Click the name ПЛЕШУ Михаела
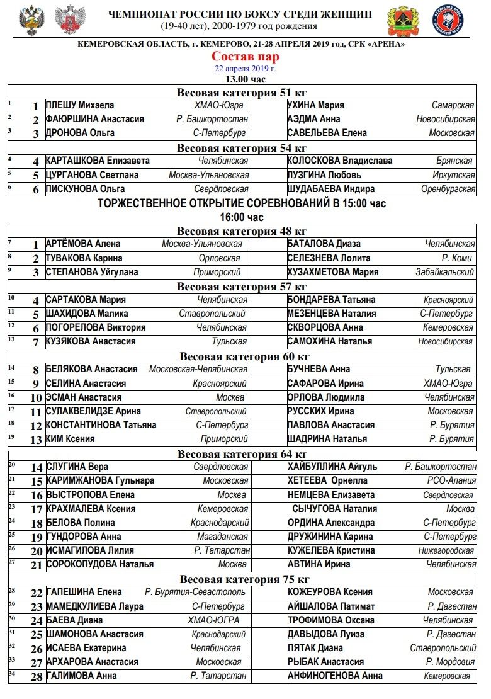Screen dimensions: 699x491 coord(79,105)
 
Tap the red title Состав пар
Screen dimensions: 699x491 coord(245,57)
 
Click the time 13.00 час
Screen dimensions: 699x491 coord(245,79)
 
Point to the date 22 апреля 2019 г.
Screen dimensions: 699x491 coord(245,68)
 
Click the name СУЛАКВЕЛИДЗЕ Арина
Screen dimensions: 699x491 coord(93,411)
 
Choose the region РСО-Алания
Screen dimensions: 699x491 coord(450,480)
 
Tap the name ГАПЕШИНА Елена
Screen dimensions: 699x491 coord(84,592)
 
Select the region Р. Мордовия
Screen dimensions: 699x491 coord(450,662)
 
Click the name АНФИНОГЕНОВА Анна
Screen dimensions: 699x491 coord(335,676)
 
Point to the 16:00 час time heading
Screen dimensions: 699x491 coord(242,217)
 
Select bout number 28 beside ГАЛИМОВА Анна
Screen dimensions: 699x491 coord(37,677)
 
